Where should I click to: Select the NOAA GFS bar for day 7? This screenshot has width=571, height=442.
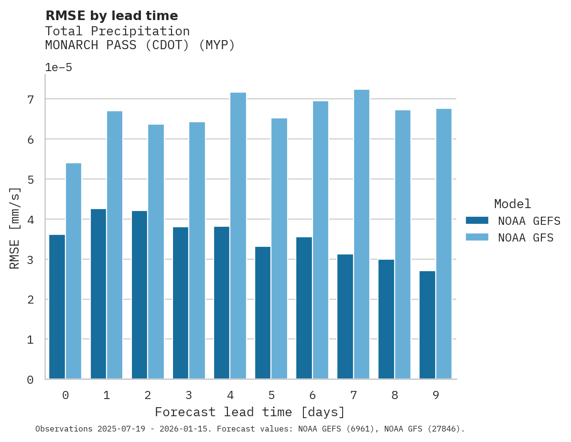(x=362, y=234)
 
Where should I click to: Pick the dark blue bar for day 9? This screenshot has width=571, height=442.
(x=427, y=325)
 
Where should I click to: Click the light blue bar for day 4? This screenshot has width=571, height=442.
(x=238, y=236)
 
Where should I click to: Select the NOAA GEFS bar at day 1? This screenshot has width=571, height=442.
(x=98, y=294)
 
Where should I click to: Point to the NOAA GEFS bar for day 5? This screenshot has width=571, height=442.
(x=263, y=313)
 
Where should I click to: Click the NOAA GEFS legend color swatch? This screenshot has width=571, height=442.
(x=477, y=221)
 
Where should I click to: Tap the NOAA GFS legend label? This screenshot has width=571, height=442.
(x=526, y=238)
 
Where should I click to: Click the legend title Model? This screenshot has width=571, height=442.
(x=512, y=204)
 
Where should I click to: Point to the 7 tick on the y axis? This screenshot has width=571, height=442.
(x=31, y=99)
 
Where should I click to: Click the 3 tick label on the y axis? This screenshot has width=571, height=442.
(x=31, y=260)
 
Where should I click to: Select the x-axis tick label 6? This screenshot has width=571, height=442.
(x=312, y=395)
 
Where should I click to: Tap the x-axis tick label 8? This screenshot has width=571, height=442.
(x=395, y=395)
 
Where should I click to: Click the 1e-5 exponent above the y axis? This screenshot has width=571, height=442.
(x=58, y=67)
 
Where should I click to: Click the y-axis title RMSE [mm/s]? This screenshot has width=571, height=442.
(x=15, y=228)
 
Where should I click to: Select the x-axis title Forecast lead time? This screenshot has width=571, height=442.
(x=249, y=412)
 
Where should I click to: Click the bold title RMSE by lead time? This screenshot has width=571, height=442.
(x=111, y=16)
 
